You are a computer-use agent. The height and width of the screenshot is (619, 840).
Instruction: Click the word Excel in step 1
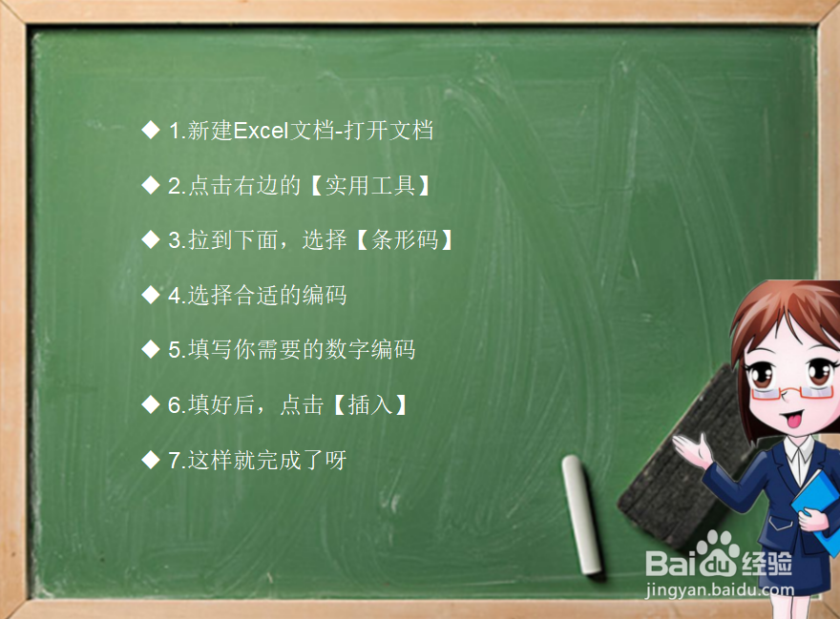tap(261, 131)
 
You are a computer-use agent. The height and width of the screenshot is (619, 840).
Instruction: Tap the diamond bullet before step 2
tap(151, 185)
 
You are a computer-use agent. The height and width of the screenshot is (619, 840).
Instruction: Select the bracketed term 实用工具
tap(370, 186)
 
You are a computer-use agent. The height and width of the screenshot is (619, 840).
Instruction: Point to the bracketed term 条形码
tap(405, 240)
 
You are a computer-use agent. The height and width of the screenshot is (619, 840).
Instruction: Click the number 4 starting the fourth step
tap(175, 296)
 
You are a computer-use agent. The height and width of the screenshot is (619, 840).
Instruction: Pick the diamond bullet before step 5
tap(151, 349)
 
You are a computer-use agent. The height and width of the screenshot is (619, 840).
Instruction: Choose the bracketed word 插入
tap(370, 404)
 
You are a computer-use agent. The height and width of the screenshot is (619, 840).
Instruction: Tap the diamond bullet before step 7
tap(151, 460)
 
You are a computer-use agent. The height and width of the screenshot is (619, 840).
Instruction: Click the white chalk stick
tap(582, 515)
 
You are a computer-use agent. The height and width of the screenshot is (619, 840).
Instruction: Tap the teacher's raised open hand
tap(694, 448)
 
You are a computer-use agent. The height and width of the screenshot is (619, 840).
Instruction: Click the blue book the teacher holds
tap(817, 508)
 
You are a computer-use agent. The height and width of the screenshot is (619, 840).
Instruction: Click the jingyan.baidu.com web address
tap(720, 589)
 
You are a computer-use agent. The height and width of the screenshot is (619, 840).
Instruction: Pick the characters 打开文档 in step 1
tap(388, 131)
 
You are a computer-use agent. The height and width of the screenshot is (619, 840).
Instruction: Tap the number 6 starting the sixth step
tap(175, 404)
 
